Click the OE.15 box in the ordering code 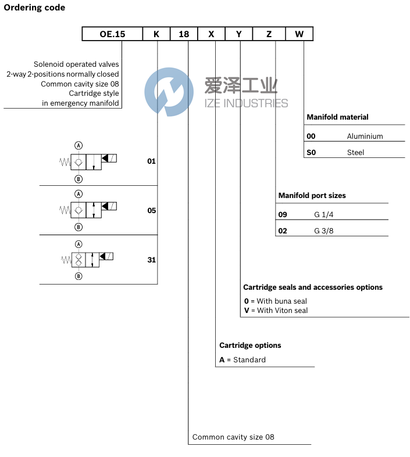coord(112,34)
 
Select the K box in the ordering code coord(156,34)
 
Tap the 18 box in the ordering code coord(184,34)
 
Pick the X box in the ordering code coord(211,34)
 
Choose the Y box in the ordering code coord(238,34)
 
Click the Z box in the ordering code coord(269,34)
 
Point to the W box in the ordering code coord(299,34)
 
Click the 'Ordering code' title coord(34,8)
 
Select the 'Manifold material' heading coord(337,117)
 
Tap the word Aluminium coord(365,136)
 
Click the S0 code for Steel coord(312,152)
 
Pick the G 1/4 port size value coord(324,214)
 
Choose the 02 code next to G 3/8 coord(283,231)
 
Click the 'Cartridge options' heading coord(250,345)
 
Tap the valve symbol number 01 coord(151,161)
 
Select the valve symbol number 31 coord(151,260)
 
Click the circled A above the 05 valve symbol coord(79,194)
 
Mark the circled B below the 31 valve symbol coord(79,276)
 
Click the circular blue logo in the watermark coord(169,92)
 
